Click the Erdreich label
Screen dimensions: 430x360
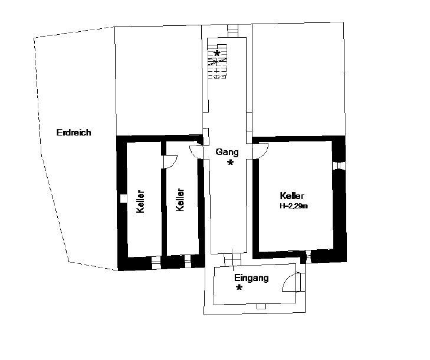pos(74,133)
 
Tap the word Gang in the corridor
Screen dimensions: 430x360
pos(227,152)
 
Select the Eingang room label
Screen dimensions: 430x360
pos(251,278)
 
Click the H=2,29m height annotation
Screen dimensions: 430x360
pos(294,206)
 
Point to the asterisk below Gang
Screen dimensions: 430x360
pos(231,163)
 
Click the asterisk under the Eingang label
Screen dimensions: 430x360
pos(239,288)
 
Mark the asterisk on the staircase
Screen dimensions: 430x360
pos(217,54)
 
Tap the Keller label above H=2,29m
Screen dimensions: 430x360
pos(292,196)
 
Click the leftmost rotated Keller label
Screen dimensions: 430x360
pos(140,202)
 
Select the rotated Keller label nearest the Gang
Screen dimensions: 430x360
pos(180,200)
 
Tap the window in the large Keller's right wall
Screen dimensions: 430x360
pos(340,166)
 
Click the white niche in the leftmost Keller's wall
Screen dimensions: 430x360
pos(124,199)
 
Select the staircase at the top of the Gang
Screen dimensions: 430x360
pos(217,62)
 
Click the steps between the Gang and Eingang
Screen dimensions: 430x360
pos(232,259)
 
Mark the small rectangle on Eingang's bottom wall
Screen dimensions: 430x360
pos(261,306)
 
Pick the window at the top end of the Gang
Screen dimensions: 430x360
pos(233,31)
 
